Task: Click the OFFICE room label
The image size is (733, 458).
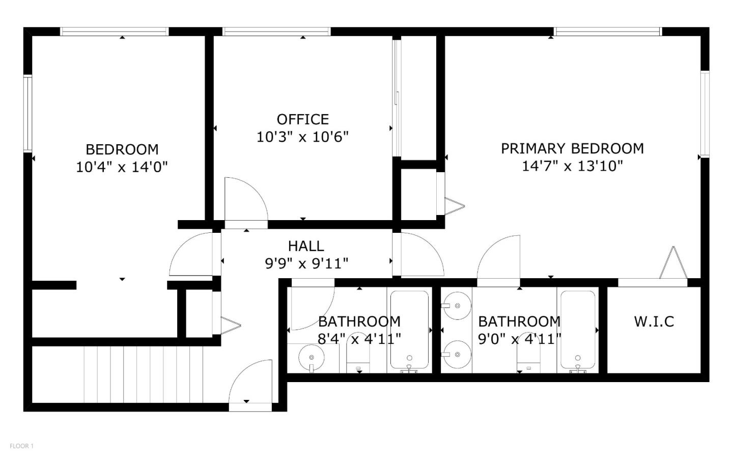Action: (302, 119)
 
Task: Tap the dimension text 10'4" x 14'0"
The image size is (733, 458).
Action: (122, 167)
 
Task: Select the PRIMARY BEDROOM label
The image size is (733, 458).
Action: (572, 148)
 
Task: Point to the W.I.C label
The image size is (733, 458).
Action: (654, 321)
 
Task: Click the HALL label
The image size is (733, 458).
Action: (306, 246)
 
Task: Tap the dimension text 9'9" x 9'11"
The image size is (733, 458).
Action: (306, 263)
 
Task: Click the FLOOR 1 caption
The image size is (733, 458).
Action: (22, 446)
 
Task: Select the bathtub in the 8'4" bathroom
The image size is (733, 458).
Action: (409, 330)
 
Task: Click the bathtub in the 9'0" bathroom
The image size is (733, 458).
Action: (578, 330)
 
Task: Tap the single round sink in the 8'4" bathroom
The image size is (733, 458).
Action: (311, 356)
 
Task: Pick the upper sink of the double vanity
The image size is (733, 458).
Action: (456, 306)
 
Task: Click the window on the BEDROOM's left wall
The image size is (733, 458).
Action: (28, 113)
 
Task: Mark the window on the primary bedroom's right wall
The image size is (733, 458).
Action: (704, 113)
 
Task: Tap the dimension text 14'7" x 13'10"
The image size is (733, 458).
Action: (572, 166)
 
